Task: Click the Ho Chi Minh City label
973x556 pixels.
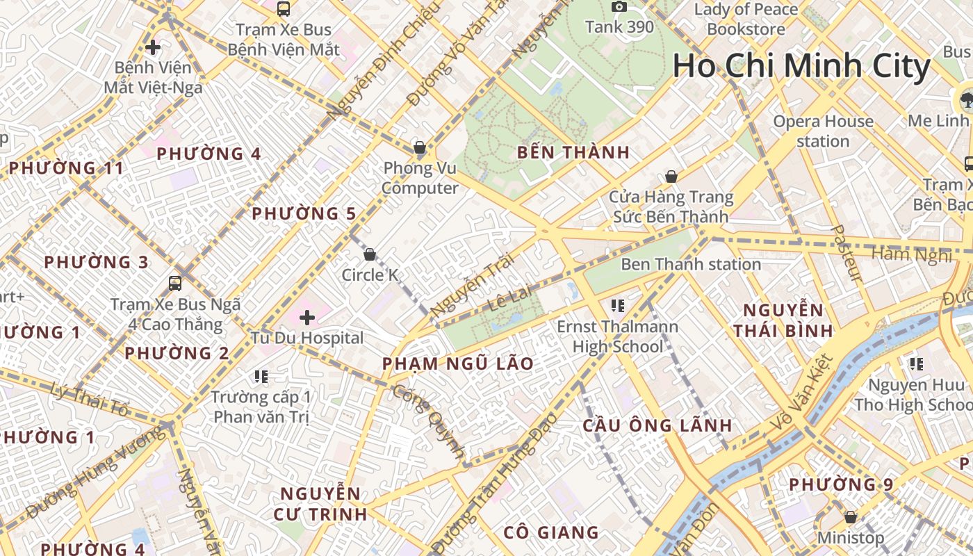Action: tap(801, 66)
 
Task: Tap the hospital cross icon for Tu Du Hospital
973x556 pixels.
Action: tap(307, 318)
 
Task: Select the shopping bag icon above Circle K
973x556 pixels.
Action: tap(370, 254)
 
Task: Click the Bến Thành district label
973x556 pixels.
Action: tap(573, 152)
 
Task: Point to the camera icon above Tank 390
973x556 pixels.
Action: tap(619, 7)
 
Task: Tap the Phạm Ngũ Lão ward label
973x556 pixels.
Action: tap(458, 363)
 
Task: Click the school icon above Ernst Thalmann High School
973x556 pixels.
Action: tap(618, 305)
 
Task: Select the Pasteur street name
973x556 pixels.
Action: tap(847, 253)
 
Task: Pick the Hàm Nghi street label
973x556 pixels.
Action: tap(911, 254)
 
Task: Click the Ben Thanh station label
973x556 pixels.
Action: tap(691, 264)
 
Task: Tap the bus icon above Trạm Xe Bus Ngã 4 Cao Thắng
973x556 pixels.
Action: tap(175, 283)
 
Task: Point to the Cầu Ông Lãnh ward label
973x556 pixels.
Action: tap(657, 425)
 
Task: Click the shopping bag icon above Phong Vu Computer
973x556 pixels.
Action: tap(419, 147)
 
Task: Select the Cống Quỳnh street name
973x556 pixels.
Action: tap(429, 422)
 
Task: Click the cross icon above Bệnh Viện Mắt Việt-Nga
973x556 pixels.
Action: tap(153, 47)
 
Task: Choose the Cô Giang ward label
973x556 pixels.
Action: tap(551, 533)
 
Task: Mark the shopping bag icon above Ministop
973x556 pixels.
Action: tap(850, 517)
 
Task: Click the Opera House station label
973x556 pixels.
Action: tap(824, 131)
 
